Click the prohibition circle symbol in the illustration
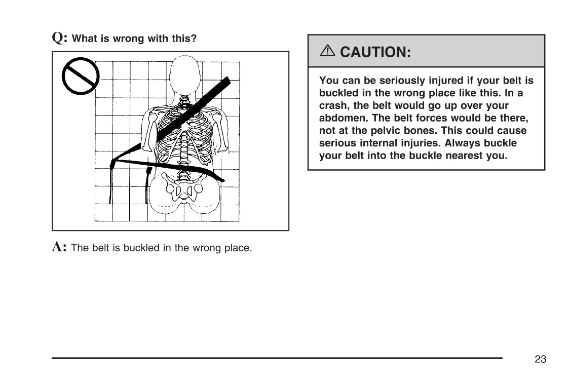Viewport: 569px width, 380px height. pos(80,76)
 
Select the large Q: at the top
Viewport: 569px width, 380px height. pos(60,37)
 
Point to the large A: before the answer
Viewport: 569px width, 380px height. pos(60,247)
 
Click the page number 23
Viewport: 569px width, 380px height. pos(540,359)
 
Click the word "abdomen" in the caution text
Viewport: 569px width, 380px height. pos(341,118)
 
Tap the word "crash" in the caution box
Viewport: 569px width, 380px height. pos(333,106)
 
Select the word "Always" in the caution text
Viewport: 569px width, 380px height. pos(460,143)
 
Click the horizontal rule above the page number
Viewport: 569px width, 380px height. pos(277,358)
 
